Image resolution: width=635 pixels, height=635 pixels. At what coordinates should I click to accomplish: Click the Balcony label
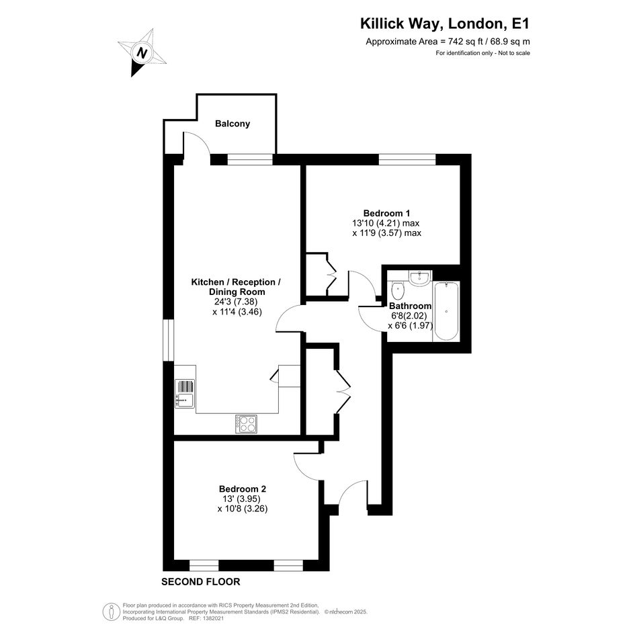point(232,124)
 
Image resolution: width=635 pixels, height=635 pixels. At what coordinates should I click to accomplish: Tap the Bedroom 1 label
point(387,213)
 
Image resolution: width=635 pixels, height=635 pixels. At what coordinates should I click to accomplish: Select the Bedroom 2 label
point(243,489)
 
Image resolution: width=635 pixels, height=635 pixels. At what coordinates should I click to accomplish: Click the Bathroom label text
point(411,306)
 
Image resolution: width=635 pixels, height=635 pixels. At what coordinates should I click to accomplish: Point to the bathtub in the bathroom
point(446,311)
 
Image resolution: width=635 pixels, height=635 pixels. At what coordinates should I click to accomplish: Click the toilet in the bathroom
point(398,289)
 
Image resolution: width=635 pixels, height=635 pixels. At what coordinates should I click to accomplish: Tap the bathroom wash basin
point(419,278)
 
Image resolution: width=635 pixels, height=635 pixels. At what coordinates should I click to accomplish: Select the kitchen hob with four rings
point(246,424)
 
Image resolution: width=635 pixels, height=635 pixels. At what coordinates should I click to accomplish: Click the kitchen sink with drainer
point(185,393)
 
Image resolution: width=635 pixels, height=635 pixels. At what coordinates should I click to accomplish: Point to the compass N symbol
point(142,52)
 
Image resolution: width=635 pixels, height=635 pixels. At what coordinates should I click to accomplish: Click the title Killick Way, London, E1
point(445,24)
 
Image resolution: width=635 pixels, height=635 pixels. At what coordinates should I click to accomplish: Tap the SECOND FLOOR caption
point(201,581)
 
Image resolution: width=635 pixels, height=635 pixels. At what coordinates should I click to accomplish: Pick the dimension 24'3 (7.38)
point(236,302)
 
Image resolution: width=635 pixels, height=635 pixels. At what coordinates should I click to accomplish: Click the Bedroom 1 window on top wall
point(407,159)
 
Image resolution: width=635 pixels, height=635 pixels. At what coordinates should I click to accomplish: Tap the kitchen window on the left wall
point(169,340)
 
